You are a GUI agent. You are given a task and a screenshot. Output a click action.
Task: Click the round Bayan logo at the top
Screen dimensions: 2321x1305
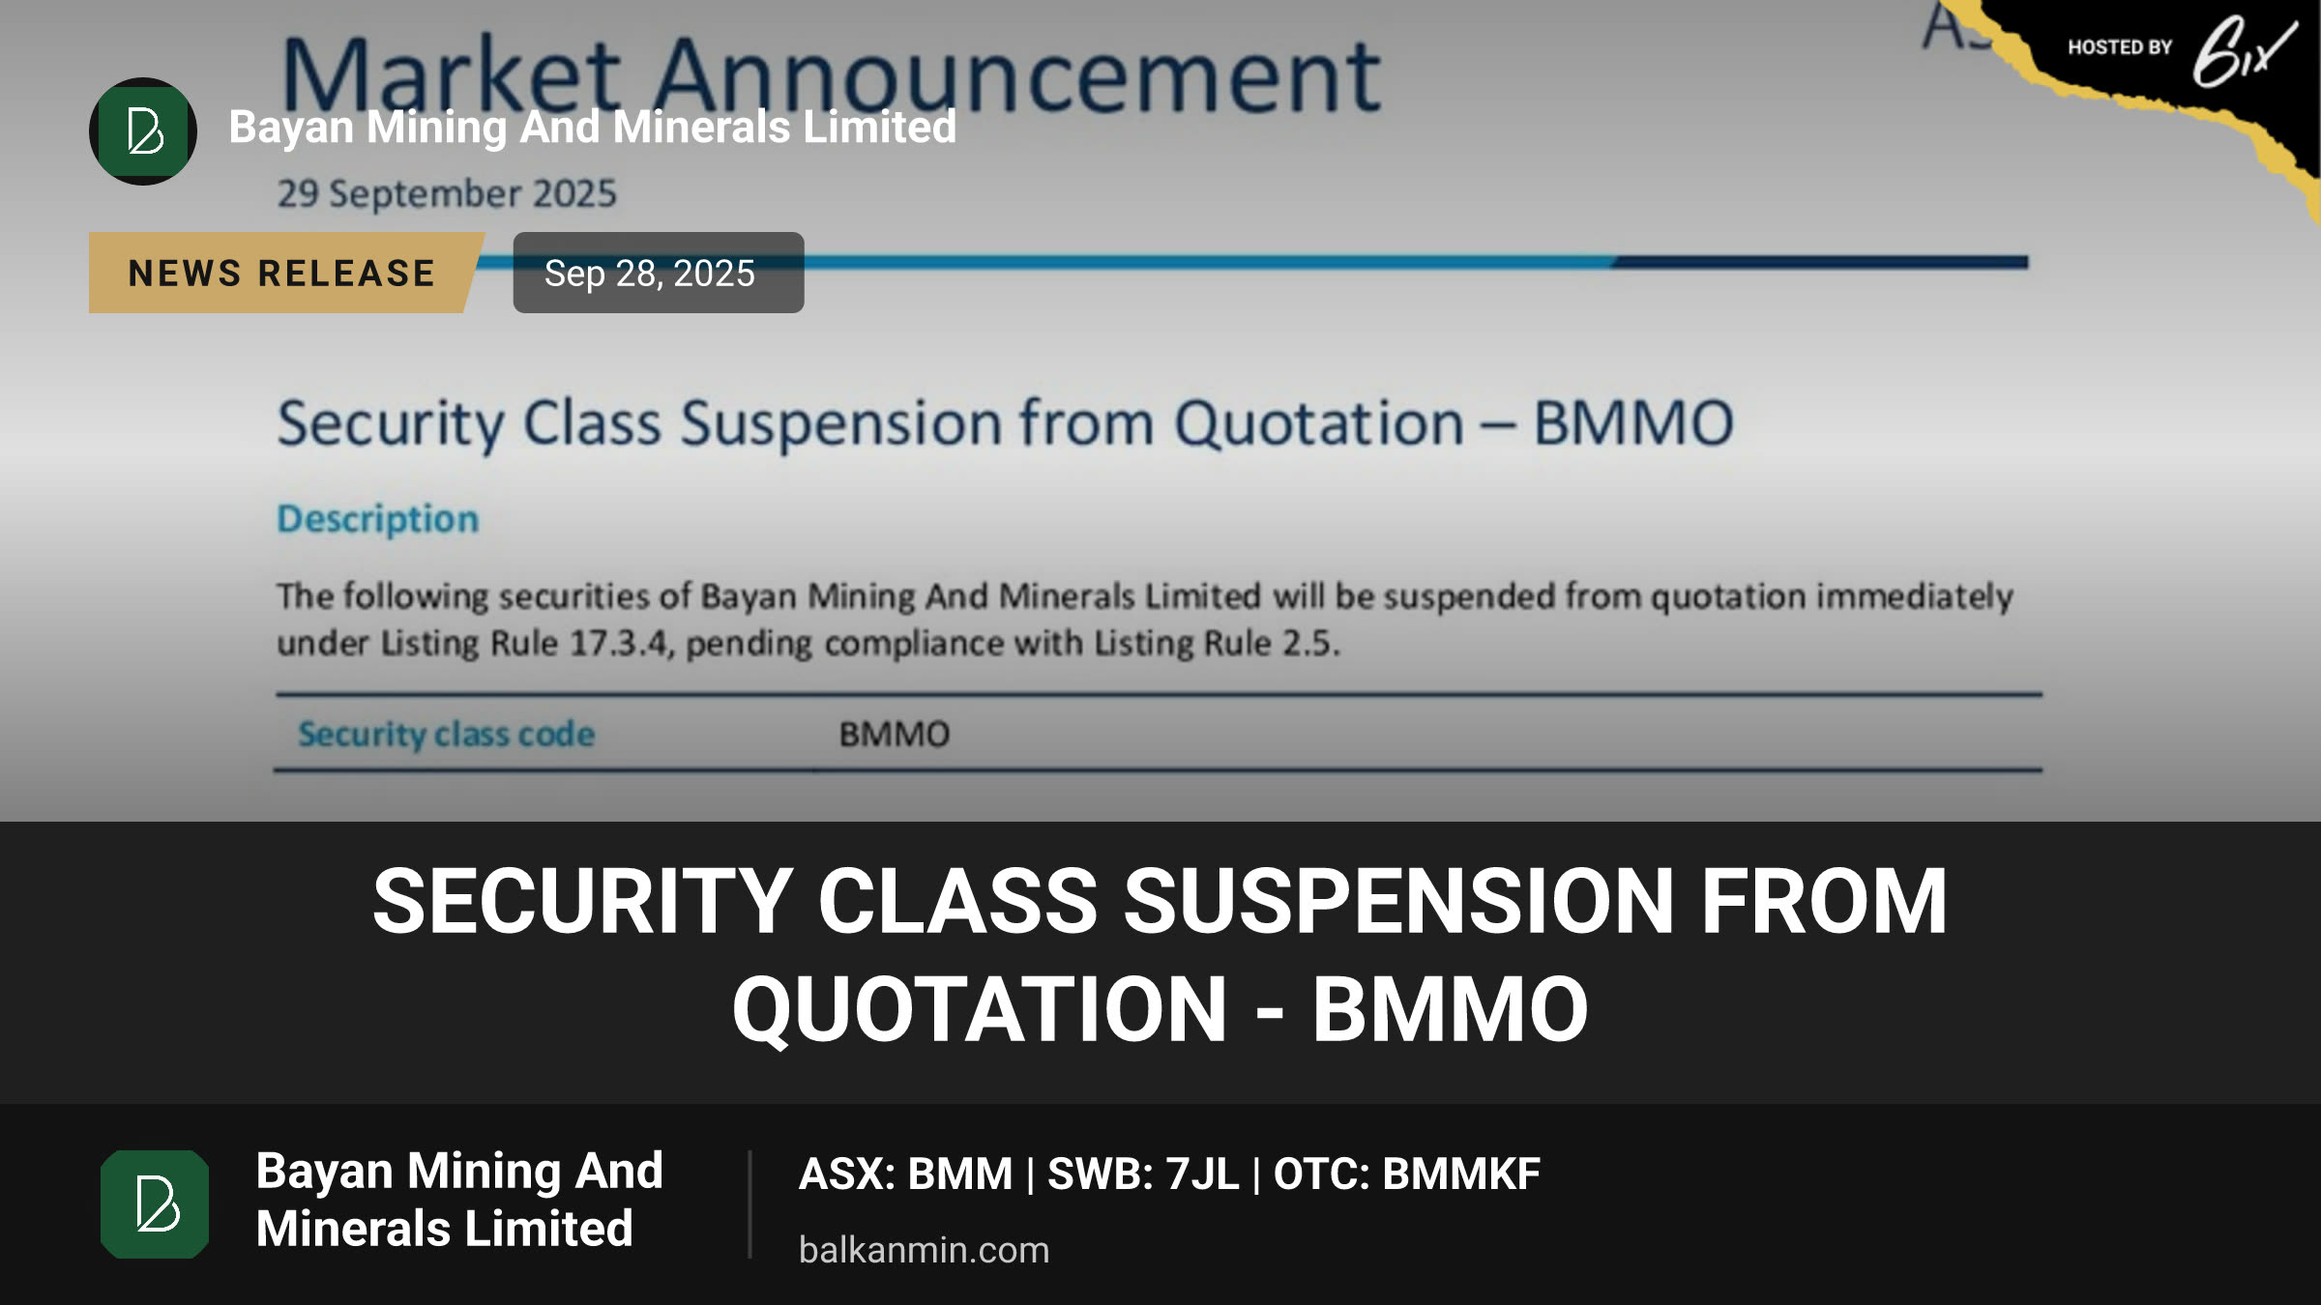click(143, 130)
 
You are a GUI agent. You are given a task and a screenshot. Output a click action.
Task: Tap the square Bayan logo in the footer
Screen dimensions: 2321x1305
click(155, 1203)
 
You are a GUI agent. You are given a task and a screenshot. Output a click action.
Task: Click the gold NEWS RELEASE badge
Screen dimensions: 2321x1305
click(281, 273)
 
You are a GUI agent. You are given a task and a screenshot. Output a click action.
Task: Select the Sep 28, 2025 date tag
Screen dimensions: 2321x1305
click(659, 273)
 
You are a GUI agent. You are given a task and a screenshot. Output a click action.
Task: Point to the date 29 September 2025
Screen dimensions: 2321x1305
click(447, 193)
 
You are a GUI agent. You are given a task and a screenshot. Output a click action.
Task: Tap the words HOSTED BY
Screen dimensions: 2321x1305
click(2120, 47)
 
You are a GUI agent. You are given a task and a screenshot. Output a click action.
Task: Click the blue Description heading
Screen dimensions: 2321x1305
click(378, 519)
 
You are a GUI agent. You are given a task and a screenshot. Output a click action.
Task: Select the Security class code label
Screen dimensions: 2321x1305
click(446, 735)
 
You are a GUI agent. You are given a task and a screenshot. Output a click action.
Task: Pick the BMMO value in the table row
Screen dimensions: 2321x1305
click(895, 735)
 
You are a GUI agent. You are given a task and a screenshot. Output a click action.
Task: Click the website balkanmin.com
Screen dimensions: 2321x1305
click(924, 1250)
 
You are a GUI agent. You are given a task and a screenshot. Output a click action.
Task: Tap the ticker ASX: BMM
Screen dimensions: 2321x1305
click(905, 1174)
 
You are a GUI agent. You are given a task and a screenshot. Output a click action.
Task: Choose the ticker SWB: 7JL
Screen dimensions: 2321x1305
click(1143, 1174)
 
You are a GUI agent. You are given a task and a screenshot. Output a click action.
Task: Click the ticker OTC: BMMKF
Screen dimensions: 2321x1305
click(1406, 1174)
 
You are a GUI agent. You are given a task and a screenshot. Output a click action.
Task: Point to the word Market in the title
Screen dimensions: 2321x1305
click(451, 75)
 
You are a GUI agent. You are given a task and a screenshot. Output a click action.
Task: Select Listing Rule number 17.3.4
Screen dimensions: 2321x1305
click(620, 643)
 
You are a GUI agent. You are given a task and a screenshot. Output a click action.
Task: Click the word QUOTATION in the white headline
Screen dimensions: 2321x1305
click(980, 1009)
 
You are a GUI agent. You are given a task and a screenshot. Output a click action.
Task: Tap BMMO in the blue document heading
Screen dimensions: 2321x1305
click(1633, 423)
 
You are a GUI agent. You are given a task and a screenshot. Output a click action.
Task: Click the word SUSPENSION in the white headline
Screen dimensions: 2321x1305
click(1398, 901)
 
